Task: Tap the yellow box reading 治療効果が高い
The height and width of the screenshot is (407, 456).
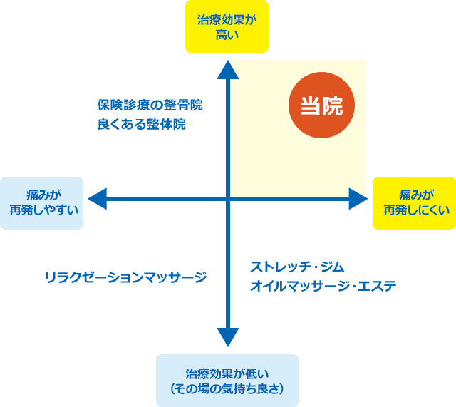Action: click(x=227, y=27)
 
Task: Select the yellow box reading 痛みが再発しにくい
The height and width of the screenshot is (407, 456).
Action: click(x=414, y=203)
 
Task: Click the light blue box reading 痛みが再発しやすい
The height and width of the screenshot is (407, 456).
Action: click(x=42, y=203)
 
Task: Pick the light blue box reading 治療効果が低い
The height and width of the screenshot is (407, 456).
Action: click(x=227, y=380)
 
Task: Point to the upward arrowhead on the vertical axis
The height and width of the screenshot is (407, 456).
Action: click(x=227, y=68)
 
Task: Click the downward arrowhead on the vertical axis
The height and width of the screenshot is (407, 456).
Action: click(x=227, y=335)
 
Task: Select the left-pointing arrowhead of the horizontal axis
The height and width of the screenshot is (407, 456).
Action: click(x=96, y=199)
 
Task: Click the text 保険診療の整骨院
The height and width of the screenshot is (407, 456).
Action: click(x=150, y=105)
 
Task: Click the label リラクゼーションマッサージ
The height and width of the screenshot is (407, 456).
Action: click(x=125, y=277)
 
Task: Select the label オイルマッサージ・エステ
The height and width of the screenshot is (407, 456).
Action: click(x=323, y=286)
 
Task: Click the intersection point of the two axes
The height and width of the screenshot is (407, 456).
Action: click(x=227, y=199)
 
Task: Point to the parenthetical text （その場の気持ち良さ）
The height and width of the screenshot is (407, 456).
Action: click(x=227, y=388)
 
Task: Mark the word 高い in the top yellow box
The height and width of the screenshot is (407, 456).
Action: click(x=227, y=35)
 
